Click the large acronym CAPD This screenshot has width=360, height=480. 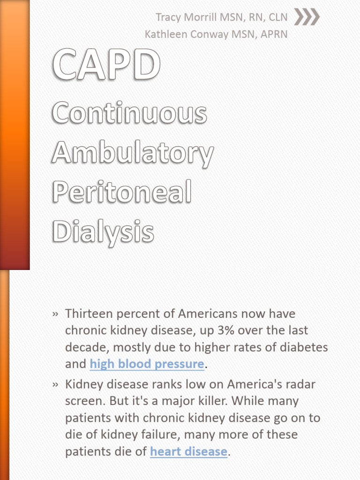106,66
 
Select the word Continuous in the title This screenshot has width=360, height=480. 129,113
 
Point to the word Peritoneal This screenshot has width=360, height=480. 122,192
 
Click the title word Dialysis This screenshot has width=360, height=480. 103,232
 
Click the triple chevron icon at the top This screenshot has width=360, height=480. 307,17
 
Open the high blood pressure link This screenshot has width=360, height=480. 147,364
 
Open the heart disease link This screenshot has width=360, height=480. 188,452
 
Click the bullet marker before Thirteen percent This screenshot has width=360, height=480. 56,314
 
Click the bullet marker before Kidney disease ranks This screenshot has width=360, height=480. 56,385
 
